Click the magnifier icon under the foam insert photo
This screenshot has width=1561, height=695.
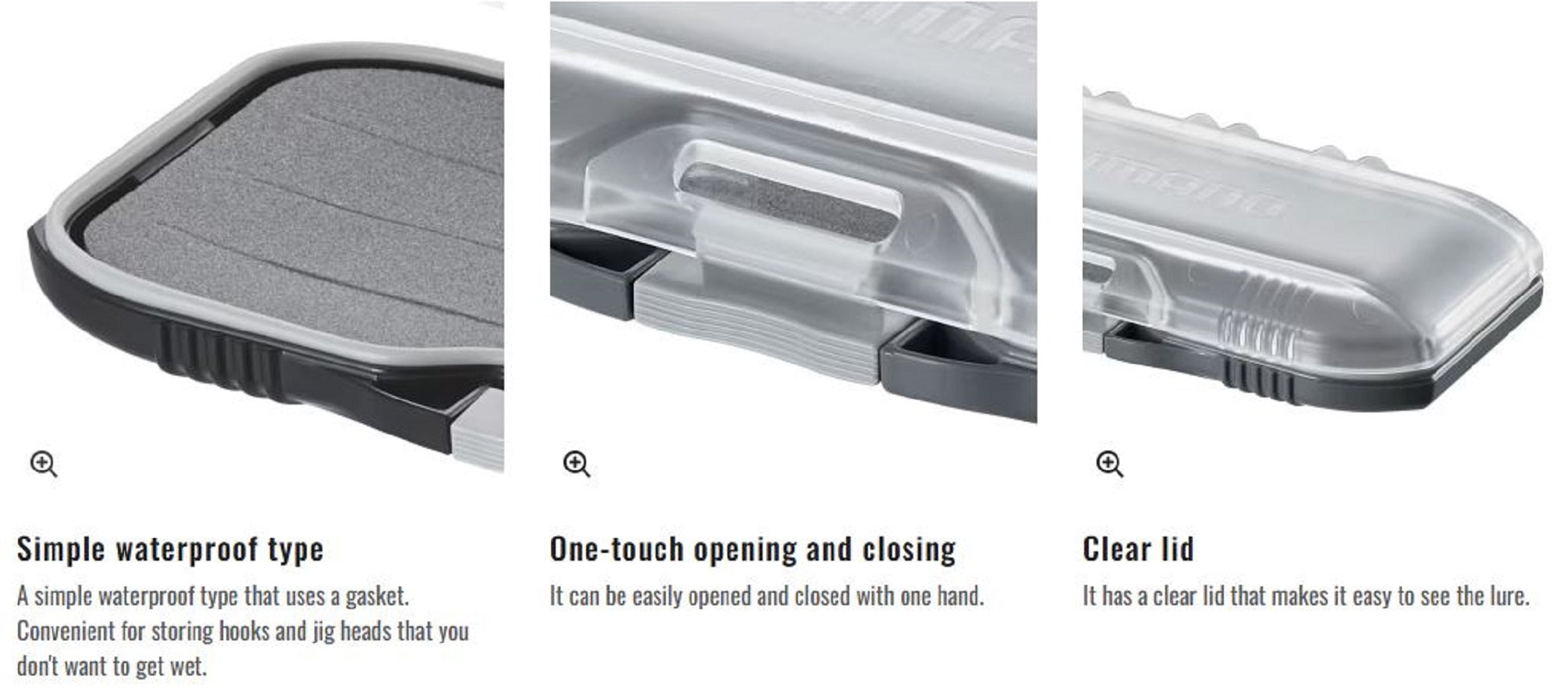tap(43, 464)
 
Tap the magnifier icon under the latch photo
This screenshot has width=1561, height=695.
tap(577, 464)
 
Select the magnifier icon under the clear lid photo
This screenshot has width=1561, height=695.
tap(1109, 464)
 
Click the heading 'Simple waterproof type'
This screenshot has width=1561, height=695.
tap(170, 549)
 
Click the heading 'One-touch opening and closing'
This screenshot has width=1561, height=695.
tap(752, 549)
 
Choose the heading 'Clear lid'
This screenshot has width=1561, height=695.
tap(1138, 549)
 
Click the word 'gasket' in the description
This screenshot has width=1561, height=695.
tap(375, 597)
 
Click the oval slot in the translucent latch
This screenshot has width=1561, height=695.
tap(788, 201)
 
